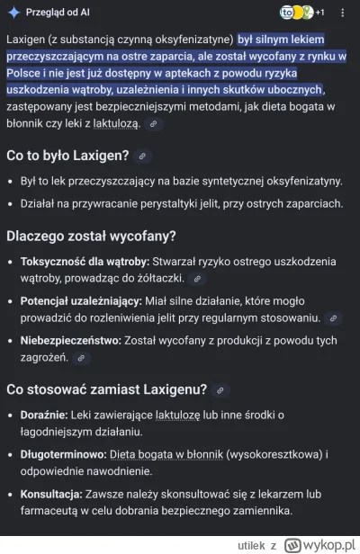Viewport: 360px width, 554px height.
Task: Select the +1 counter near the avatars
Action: click(x=319, y=13)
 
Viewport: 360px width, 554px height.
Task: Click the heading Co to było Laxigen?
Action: click(x=67, y=155)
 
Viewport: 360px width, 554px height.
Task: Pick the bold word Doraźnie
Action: click(x=47, y=414)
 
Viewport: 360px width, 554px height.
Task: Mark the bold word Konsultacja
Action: click(x=58, y=495)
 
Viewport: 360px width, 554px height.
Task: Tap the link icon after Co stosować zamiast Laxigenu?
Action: click(x=220, y=390)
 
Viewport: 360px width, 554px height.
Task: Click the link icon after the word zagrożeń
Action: click(x=80, y=358)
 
